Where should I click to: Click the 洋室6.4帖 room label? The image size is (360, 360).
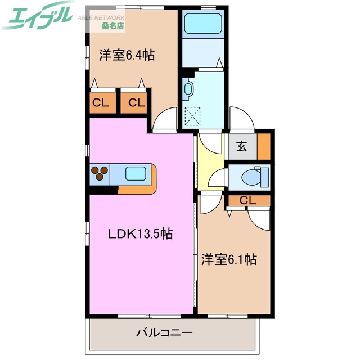click(x=127, y=55)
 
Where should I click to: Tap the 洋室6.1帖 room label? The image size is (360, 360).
click(x=229, y=259)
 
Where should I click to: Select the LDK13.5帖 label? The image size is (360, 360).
click(x=140, y=235)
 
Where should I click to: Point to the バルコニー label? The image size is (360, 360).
click(x=164, y=332)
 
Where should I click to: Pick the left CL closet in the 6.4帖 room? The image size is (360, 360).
click(x=101, y=103)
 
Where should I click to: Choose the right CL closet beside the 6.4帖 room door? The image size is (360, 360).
click(x=136, y=103)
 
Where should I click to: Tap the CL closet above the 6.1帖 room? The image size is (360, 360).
click(x=247, y=200)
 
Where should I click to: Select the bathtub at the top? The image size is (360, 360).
click(x=202, y=25)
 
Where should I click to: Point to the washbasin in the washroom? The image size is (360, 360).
click(x=188, y=88)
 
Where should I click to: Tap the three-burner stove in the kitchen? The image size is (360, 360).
click(x=100, y=174)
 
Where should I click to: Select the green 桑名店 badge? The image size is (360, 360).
click(x=113, y=26)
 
